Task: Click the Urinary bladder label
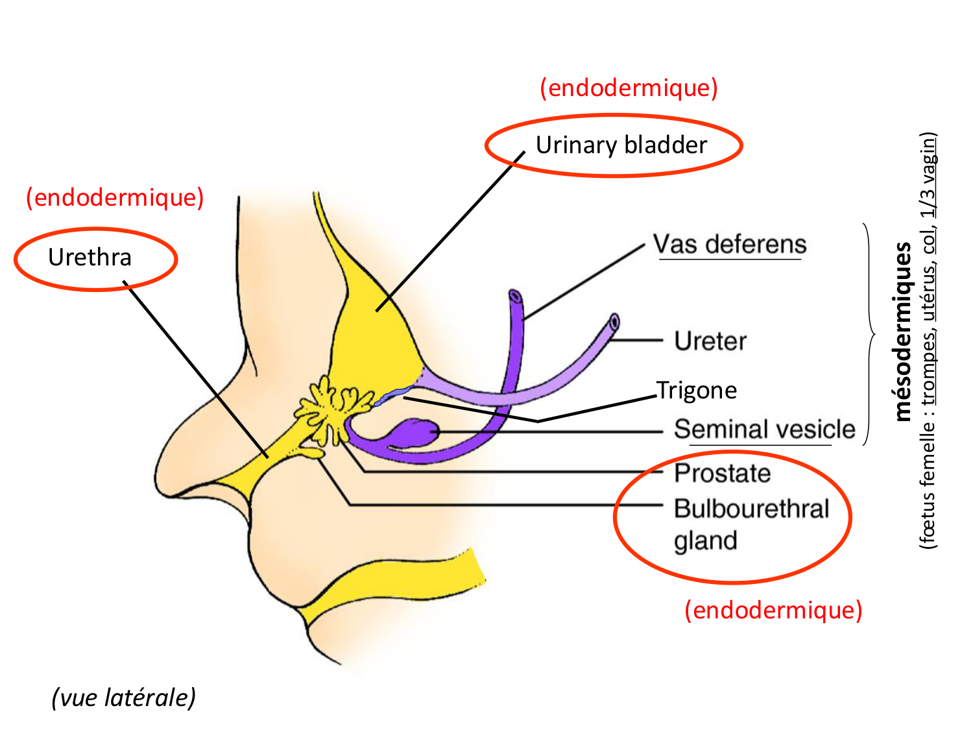point(621,145)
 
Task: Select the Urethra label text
point(90,258)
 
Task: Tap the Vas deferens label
point(730,245)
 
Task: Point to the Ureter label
point(710,341)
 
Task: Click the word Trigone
point(697,391)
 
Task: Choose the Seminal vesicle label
point(764,430)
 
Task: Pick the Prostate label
point(723,474)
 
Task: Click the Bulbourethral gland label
point(751,524)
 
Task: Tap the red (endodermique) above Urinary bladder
point(629,88)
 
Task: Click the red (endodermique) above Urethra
point(115,198)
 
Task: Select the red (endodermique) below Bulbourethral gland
point(773,611)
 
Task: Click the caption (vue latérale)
point(123,698)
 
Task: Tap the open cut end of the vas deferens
point(516,297)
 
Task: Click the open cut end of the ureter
point(614,322)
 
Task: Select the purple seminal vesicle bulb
point(415,433)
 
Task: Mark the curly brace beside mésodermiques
point(870,335)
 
